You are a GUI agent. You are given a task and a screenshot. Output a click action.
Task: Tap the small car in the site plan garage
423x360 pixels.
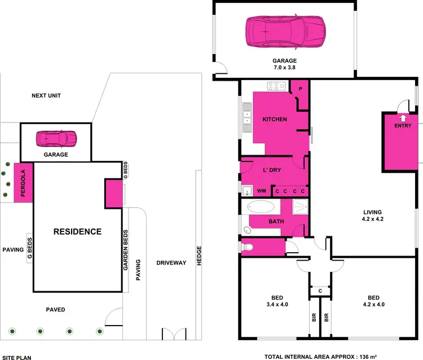point(56,138)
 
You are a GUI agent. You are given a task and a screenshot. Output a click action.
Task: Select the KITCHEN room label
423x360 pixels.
point(275,120)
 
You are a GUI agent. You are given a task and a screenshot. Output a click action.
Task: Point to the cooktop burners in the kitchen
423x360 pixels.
point(276,86)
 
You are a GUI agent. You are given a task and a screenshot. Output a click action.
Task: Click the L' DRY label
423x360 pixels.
point(272,170)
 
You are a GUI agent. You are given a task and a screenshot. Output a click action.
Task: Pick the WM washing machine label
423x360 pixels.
point(261,191)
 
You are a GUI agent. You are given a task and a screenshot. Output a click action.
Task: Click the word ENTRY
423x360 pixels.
point(403,126)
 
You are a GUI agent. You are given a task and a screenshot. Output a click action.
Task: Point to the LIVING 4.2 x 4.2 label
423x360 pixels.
point(372,216)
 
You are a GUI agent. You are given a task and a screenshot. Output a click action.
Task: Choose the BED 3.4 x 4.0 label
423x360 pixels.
point(276,301)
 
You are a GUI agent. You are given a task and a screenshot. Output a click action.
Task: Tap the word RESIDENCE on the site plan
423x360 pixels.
point(77,231)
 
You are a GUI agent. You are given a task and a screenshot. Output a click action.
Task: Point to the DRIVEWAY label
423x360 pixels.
point(171,263)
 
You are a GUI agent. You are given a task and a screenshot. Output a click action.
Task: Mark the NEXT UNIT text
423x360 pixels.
point(46,96)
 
